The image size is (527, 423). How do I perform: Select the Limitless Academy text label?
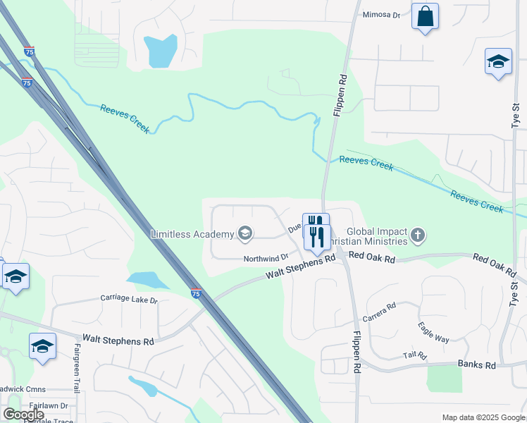(x=192, y=234)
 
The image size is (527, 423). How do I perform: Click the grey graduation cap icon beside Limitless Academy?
(x=245, y=233)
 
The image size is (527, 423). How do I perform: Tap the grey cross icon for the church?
(x=418, y=235)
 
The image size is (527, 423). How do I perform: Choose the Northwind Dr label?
(x=266, y=259)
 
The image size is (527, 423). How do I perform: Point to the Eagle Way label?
(x=433, y=333)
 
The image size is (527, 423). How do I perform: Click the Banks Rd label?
(x=477, y=365)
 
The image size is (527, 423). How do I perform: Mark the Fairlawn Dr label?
(x=54, y=406)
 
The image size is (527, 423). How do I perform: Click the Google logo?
(x=23, y=415)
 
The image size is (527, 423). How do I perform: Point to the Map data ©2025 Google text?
(x=483, y=417)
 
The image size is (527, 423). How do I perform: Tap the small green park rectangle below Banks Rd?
(x=444, y=379)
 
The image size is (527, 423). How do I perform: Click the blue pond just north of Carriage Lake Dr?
(x=146, y=280)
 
